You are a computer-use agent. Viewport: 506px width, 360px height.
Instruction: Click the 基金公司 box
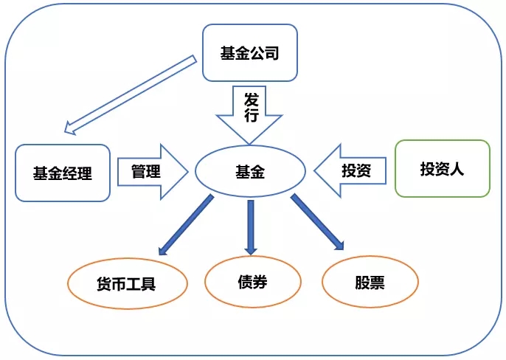tap(249, 52)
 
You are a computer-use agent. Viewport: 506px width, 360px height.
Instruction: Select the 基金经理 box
tap(63, 173)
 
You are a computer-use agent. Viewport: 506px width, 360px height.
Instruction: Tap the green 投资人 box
tap(442, 169)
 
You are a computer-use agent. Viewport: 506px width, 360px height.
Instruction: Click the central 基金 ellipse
tap(250, 173)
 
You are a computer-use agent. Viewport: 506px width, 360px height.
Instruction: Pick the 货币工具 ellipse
tap(126, 284)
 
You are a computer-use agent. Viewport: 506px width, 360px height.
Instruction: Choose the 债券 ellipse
tap(252, 281)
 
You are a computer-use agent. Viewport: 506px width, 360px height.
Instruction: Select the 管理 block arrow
tap(151, 172)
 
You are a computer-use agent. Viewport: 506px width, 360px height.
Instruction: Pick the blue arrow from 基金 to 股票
tap(317, 221)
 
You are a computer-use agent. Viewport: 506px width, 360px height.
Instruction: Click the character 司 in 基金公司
tap(270, 52)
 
